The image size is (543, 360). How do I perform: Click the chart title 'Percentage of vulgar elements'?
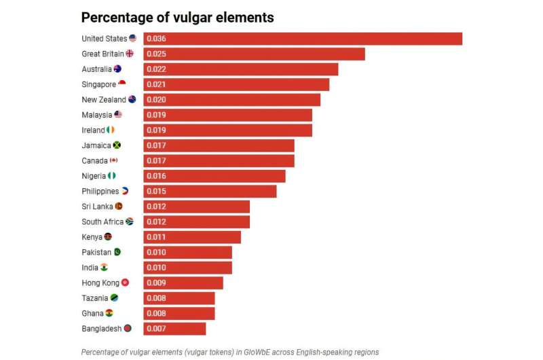tap(177, 18)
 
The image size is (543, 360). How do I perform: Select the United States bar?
tap(303, 39)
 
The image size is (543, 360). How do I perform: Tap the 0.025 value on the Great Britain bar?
tap(156, 54)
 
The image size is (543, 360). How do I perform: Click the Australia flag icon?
tap(117, 69)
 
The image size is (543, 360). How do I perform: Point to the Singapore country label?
tap(98, 84)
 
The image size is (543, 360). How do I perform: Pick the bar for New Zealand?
tap(232, 100)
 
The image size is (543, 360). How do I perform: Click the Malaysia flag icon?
tap(118, 114)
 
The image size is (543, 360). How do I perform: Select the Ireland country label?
tap(93, 130)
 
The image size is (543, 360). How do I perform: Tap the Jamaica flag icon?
tap(117, 145)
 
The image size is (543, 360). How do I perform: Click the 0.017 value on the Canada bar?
tap(156, 161)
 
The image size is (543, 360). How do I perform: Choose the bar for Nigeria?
tap(214, 176)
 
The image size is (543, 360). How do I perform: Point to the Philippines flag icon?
tap(125, 191)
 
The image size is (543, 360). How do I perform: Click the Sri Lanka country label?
tap(97, 206)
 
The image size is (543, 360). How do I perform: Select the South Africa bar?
tap(197, 221)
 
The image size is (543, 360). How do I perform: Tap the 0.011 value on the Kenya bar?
tap(156, 237)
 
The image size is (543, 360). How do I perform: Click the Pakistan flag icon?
tap(117, 252)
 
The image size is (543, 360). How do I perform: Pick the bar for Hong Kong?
tap(183, 283)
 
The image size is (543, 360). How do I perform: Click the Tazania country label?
tap(95, 298)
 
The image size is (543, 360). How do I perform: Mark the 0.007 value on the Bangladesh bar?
tap(156, 329)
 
